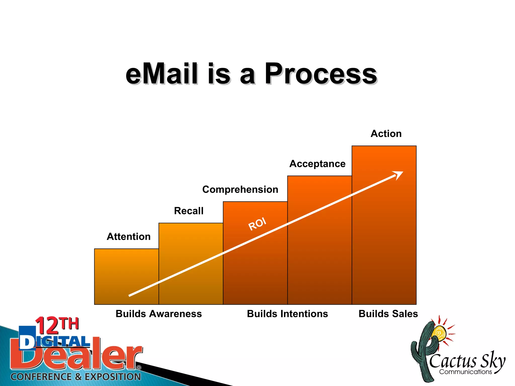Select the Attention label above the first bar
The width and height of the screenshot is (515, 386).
pos(128,237)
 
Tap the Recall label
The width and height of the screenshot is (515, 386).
pos(189,211)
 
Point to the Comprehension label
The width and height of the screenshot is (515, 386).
pos(240,189)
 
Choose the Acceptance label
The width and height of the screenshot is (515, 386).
pos(317,164)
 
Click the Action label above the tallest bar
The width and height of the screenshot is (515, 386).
pos(386,134)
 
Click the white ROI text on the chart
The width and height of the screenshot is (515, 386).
pos(257,224)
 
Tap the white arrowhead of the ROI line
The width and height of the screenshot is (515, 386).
pos(398,174)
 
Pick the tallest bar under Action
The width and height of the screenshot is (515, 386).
pos(384,239)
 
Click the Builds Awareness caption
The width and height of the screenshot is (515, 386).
pos(159,314)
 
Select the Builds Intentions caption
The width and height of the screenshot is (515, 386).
pos(287,314)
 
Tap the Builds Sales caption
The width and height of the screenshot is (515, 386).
pos(388,314)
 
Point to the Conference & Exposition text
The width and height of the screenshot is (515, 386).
pos(75,377)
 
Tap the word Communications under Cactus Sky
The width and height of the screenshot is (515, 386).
pos(465,372)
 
